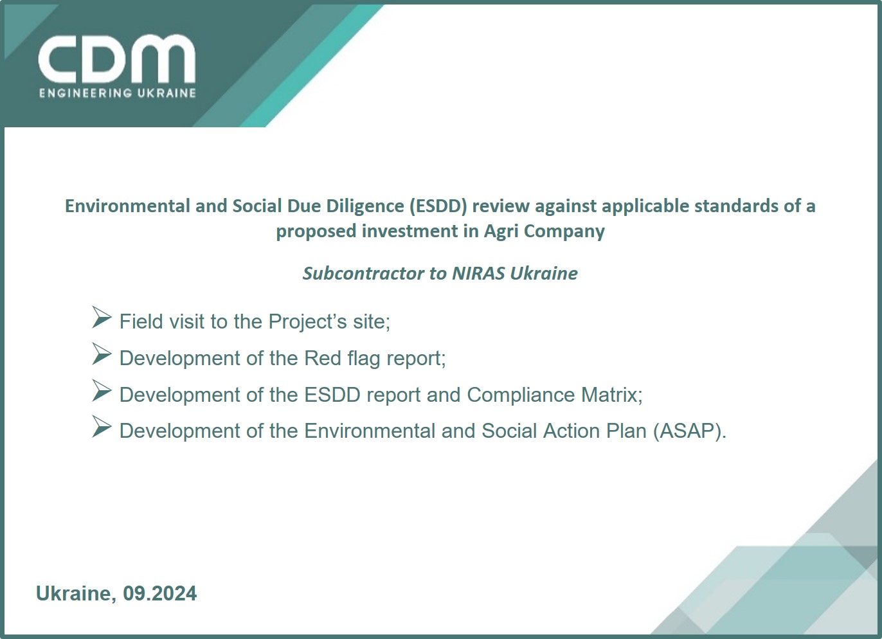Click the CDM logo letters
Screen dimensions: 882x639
click(x=117, y=59)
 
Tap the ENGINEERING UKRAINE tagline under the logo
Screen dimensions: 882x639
click(x=118, y=93)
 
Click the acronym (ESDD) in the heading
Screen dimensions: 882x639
click(x=438, y=206)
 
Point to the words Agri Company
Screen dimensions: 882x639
click(x=544, y=231)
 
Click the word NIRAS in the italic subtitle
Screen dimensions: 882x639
click(x=478, y=273)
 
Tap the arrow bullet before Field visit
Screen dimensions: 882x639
click(x=102, y=317)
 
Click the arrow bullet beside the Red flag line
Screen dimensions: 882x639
click(x=102, y=354)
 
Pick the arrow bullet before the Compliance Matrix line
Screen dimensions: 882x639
click(x=102, y=390)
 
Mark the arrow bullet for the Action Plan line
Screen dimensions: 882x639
click(x=102, y=426)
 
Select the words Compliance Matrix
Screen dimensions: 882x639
click(x=555, y=395)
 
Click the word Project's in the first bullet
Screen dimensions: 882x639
click(x=307, y=321)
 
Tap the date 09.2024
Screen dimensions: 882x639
click(x=160, y=593)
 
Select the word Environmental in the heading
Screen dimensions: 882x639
click(x=127, y=206)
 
